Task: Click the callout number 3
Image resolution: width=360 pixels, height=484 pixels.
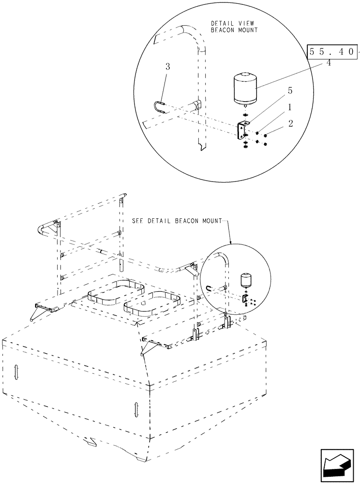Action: pos(167,67)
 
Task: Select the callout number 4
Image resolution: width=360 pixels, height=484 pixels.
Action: pos(329,63)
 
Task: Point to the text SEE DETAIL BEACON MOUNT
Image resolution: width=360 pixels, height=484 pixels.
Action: pos(176,220)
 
